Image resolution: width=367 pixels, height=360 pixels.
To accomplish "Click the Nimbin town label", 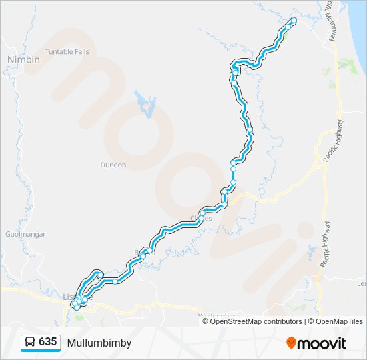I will tap(23, 59).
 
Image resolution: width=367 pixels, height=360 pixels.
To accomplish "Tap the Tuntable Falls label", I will tap(67, 51).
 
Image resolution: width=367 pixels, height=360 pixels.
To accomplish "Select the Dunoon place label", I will tap(113, 165).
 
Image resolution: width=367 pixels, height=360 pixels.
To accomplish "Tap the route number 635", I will tap(47, 342).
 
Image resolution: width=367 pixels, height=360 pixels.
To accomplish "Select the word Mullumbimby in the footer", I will tap(99, 343).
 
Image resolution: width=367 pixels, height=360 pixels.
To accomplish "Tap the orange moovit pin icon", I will tap(292, 343).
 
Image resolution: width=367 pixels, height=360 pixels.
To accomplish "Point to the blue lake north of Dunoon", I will tap(145, 103).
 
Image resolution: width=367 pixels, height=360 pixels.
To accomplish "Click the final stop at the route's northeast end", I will tap(293, 21).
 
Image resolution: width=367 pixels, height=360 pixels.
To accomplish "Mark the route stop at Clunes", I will tap(201, 217).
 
